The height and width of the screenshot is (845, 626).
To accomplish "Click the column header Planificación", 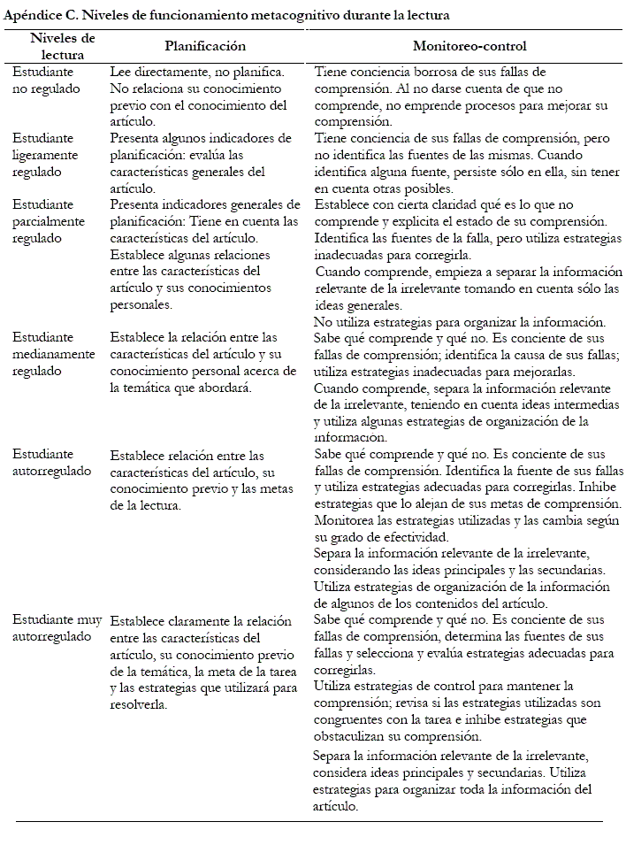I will [x=205, y=46].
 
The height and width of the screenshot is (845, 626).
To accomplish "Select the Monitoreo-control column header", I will [x=469, y=46].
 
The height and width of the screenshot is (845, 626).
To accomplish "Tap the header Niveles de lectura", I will [x=62, y=46].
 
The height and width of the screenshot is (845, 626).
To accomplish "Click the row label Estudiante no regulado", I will [x=45, y=81].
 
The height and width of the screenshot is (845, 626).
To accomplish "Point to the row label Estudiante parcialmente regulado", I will [x=49, y=221].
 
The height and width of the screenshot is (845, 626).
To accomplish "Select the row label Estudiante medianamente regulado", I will [x=53, y=354].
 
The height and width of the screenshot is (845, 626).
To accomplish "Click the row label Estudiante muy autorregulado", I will [x=57, y=628].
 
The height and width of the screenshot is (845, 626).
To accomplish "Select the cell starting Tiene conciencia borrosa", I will [x=460, y=96].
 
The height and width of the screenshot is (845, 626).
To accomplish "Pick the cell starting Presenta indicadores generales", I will [x=204, y=254].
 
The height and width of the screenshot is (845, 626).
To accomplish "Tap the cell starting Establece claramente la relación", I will [x=203, y=663].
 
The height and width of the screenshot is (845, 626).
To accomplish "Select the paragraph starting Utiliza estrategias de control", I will [x=460, y=711].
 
